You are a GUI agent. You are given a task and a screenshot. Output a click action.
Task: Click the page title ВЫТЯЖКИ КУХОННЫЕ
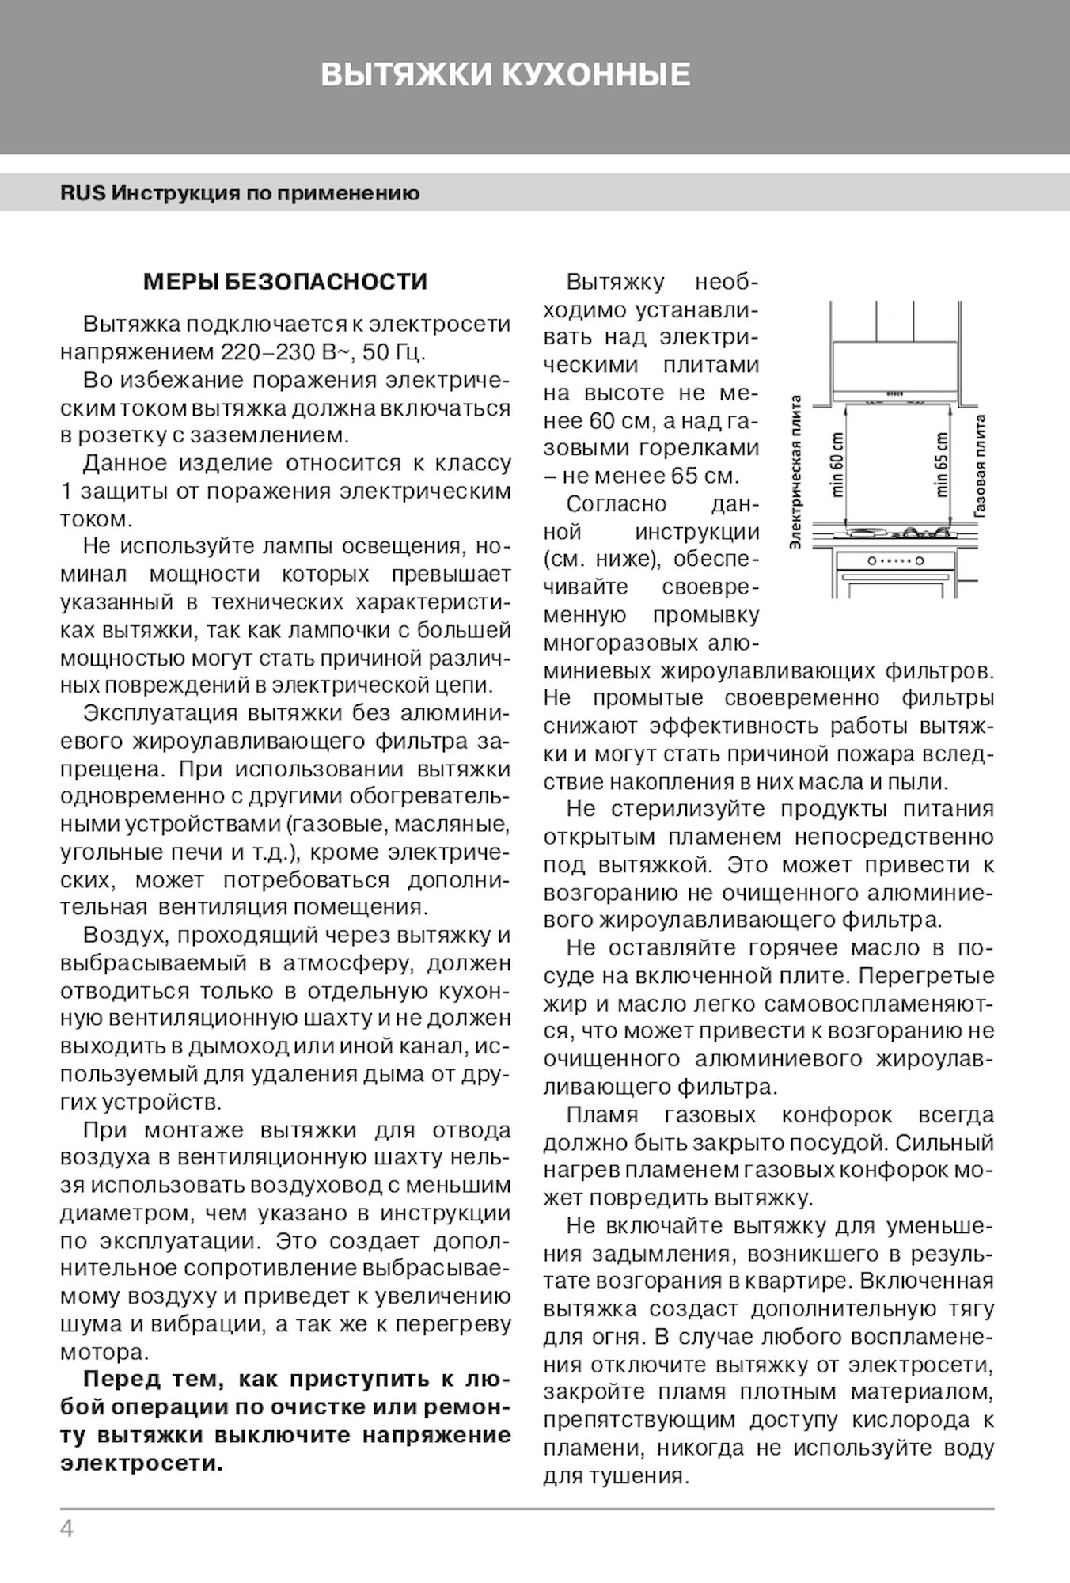[506, 75]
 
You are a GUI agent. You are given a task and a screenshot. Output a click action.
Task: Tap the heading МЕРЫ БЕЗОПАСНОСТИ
[285, 282]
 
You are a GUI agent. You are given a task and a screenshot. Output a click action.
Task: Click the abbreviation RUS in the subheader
[82, 193]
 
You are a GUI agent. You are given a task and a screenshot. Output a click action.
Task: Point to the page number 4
[66, 1529]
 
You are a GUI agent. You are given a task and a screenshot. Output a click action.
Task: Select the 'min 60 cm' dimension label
[838, 465]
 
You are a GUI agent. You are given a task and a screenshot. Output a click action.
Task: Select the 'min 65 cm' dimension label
[942, 465]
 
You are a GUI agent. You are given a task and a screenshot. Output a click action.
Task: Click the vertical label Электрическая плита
[797, 472]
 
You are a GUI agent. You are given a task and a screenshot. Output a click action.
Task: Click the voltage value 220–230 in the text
[255, 352]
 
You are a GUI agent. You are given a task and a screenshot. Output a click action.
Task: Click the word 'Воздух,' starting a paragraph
[125, 935]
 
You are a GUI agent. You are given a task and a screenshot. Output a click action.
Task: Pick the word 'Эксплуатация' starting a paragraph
[161, 713]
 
